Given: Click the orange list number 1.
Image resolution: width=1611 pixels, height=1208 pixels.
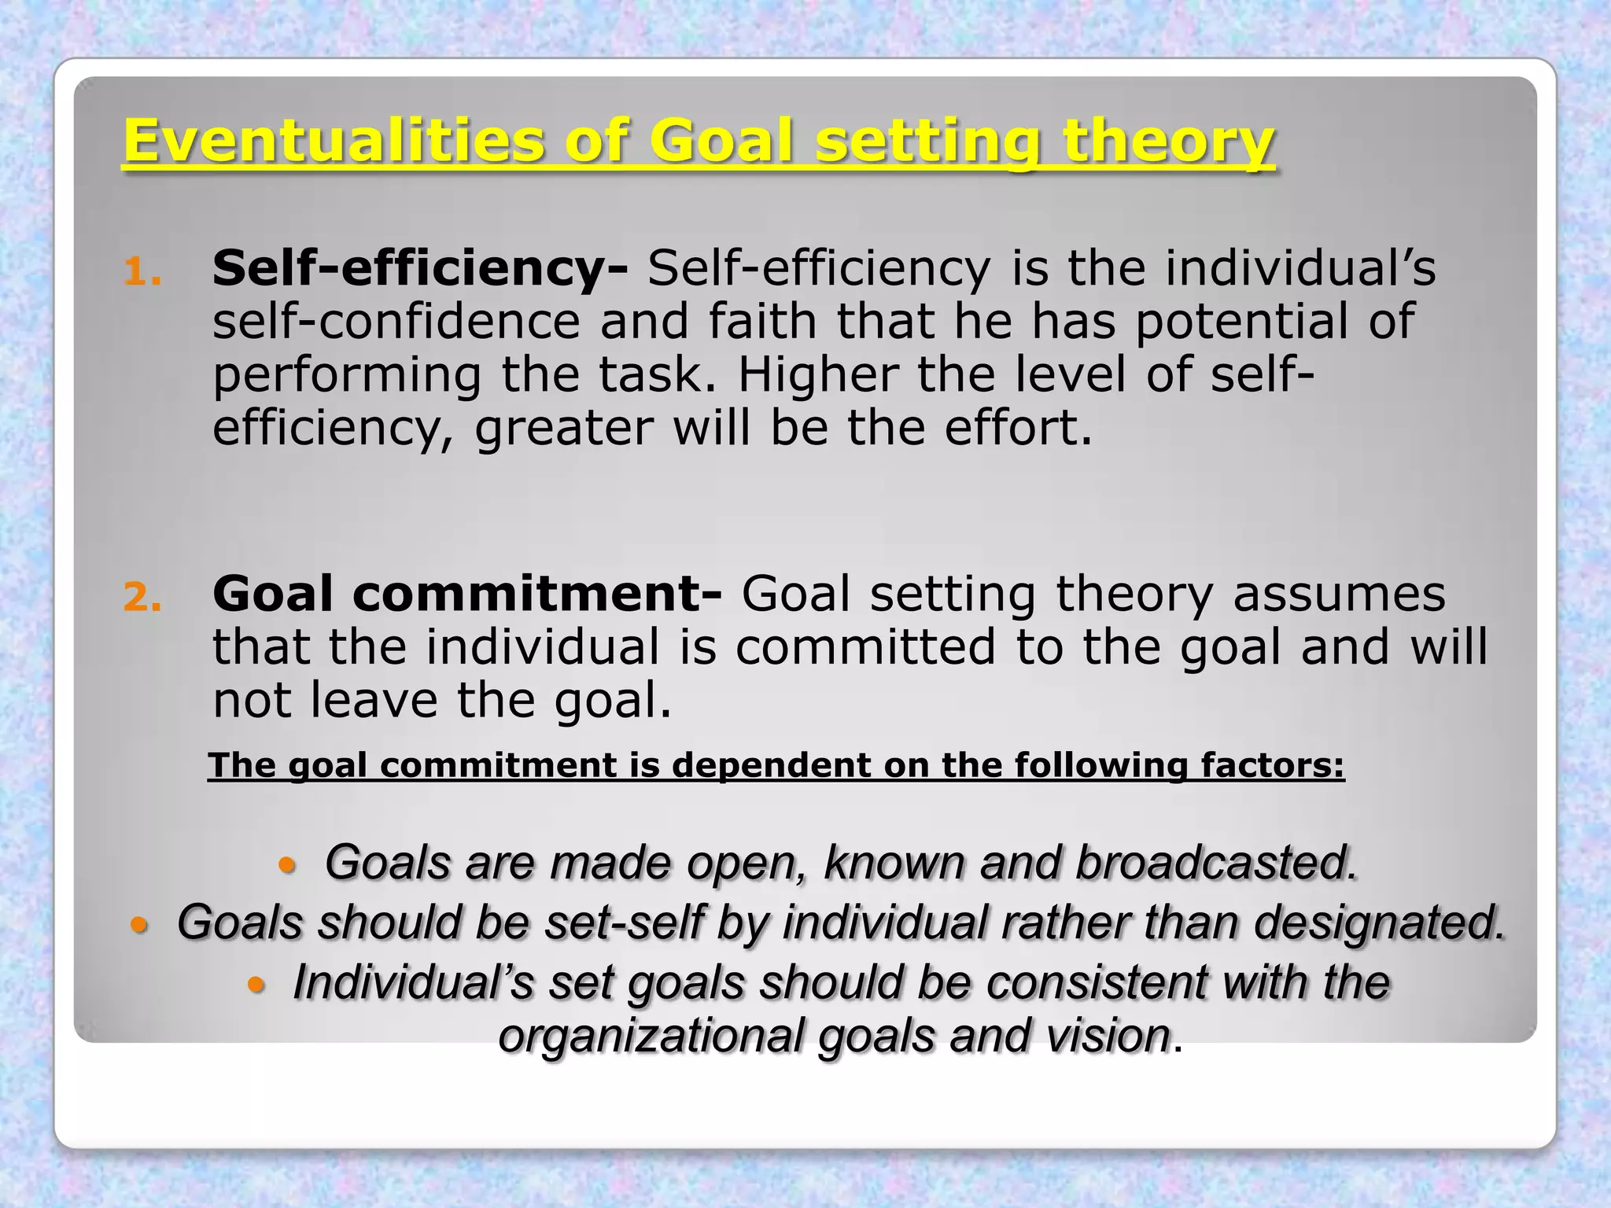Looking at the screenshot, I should pos(142,273).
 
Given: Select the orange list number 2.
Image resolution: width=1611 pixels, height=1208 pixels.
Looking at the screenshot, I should pos(142,598).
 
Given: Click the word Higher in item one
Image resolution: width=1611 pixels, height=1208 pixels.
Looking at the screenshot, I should pos(817,374).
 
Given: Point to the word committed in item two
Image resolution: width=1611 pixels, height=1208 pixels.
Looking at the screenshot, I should pos(865,647).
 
